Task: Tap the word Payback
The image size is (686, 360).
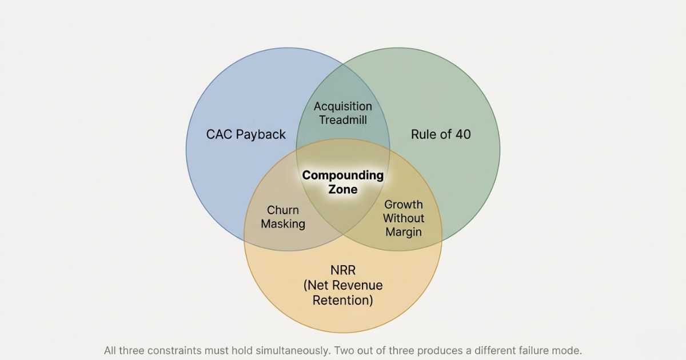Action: (x=260, y=135)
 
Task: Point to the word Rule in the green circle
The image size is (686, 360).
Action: (x=424, y=135)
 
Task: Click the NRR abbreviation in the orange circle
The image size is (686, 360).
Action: (x=342, y=270)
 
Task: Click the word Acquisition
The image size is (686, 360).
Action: (x=342, y=106)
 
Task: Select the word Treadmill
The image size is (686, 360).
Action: (x=342, y=120)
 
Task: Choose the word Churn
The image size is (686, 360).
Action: (x=282, y=210)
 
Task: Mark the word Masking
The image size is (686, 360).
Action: (x=282, y=224)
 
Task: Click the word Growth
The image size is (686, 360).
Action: (x=404, y=204)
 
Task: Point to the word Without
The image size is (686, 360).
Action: (x=404, y=218)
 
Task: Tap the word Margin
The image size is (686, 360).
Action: (x=404, y=232)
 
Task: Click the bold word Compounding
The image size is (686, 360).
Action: (x=342, y=175)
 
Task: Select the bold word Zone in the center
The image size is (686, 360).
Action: (x=342, y=189)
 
